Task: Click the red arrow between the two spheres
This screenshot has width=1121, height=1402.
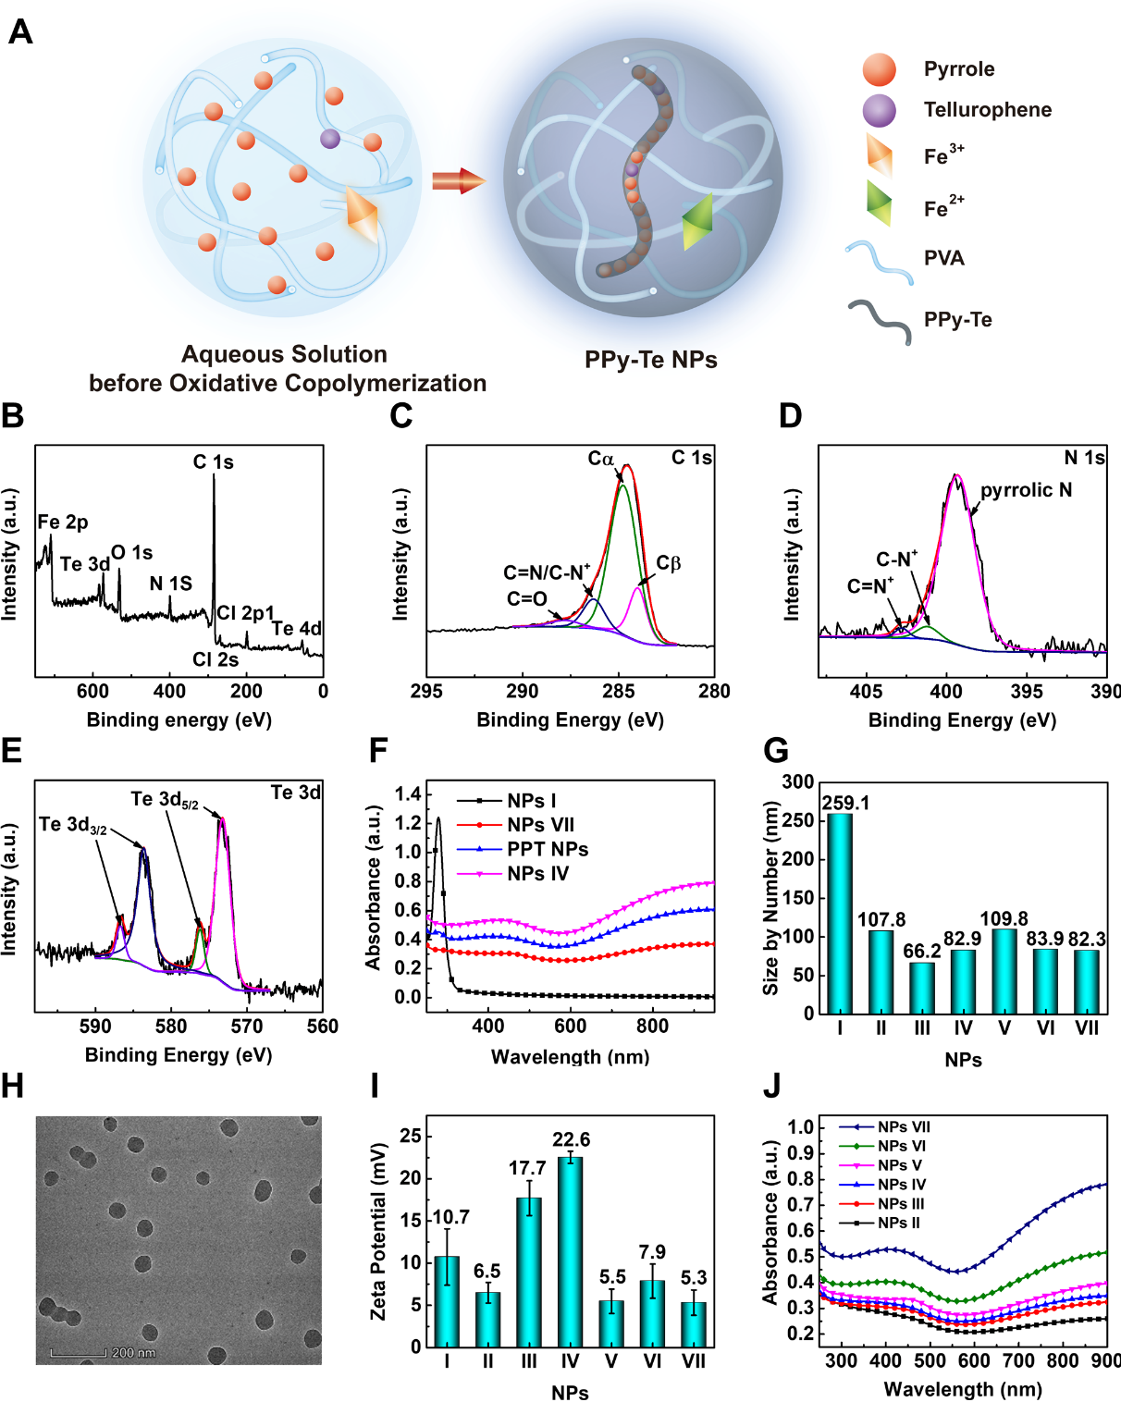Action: pos(458,180)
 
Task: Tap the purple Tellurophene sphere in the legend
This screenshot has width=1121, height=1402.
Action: pos(879,110)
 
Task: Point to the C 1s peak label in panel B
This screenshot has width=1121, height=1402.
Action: pos(213,461)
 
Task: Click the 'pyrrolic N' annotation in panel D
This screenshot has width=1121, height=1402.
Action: pos(1026,490)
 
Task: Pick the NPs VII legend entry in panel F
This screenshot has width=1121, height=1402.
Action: pos(540,825)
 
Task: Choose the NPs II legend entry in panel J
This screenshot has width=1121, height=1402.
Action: pos(898,1223)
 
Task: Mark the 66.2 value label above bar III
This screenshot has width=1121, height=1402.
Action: pos(922,951)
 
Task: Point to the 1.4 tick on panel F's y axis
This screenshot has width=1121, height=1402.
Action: pos(407,793)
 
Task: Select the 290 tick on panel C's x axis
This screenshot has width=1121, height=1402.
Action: pos(523,691)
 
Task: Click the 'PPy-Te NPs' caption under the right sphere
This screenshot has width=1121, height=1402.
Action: pos(650,360)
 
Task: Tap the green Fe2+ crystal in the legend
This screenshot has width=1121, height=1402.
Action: pos(879,203)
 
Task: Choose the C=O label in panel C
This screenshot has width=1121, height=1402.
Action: pos(526,599)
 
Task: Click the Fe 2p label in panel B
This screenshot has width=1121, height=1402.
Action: pos(63,523)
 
